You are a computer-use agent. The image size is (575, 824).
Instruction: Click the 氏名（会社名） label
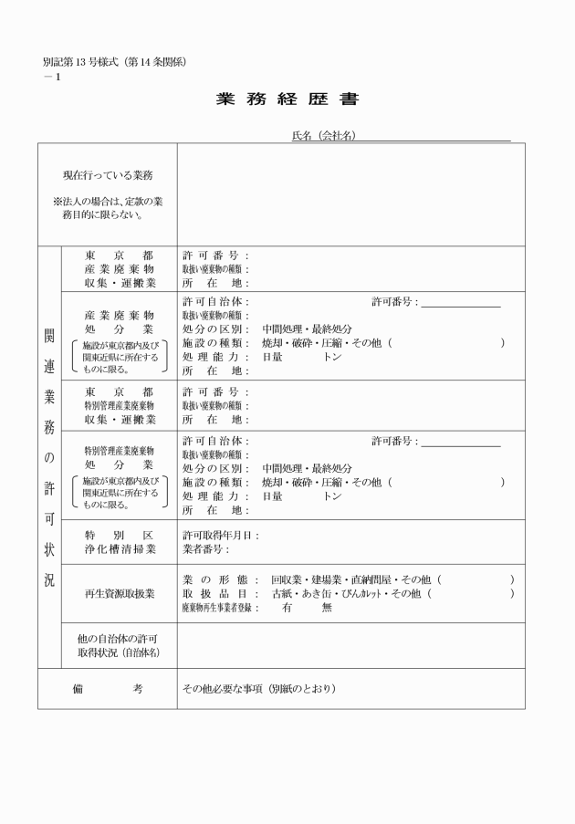point(323,136)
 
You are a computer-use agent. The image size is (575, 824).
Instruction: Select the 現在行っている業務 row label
point(107,175)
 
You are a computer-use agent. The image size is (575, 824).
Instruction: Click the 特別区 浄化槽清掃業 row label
point(120,542)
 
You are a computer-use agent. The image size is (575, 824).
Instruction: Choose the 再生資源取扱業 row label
point(120,594)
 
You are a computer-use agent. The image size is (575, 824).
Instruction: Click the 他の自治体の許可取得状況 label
point(120,646)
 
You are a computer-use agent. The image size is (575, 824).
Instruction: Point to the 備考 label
point(107,689)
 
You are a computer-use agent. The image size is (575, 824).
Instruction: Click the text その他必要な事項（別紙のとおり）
point(258,689)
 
